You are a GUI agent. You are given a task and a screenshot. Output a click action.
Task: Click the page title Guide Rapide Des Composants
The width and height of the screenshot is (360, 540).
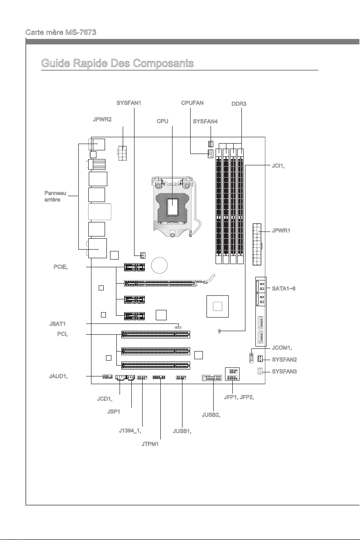118,63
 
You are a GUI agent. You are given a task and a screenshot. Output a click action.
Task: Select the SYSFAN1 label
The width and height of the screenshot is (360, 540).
129,103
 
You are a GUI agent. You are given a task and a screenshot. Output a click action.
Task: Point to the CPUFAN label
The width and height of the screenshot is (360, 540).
192,103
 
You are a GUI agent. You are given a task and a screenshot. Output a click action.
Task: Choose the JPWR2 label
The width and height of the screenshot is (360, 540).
102,119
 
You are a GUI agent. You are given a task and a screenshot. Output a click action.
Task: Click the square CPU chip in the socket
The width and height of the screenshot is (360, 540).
173,207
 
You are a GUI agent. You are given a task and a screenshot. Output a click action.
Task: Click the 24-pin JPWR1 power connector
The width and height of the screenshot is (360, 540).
256,244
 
